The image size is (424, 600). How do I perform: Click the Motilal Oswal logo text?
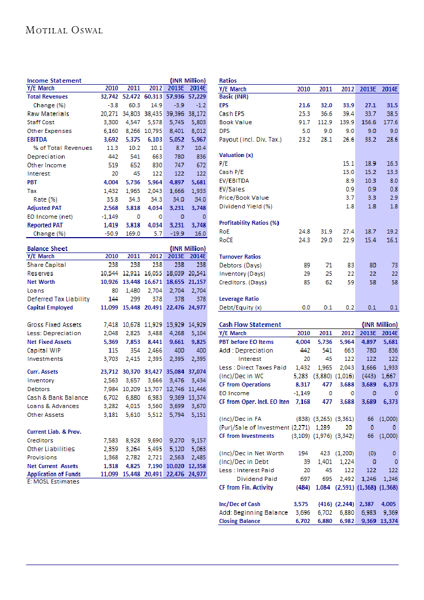click(x=64, y=30)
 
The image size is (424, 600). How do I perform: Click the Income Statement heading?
click(x=54, y=81)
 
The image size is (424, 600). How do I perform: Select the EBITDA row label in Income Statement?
click(x=38, y=139)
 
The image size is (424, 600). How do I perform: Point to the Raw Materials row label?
click(x=48, y=113)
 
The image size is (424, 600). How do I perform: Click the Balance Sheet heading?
click(x=47, y=248)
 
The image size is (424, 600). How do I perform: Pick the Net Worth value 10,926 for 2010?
click(x=108, y=282)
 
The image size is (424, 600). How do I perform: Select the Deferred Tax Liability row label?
click(x=59, y=299)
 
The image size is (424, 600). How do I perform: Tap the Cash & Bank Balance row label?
click(x=57, y=397)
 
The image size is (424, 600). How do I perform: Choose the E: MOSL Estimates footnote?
click(x=53, y=481)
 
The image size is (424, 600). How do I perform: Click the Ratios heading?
click(x=227, y=81)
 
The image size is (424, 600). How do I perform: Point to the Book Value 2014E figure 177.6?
click(x=390, y=122)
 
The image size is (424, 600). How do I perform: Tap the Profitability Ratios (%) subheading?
click(x=248, y=223)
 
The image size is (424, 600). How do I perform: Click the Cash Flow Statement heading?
click(x=250, y=324)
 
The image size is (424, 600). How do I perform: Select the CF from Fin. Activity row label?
click(x=246, y=487)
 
